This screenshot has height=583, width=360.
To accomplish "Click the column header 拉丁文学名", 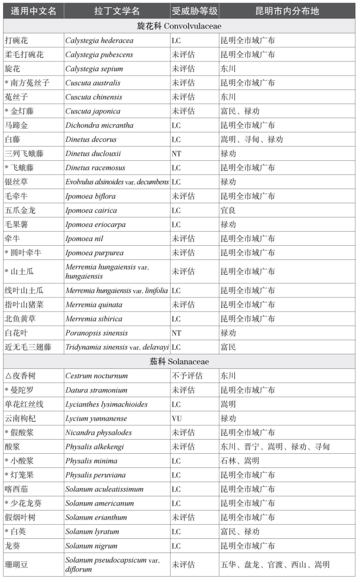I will click(x=117, y=11).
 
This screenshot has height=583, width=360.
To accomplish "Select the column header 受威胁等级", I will click(x=194, y=11).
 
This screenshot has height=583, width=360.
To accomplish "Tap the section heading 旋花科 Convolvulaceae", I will click(x=179, y=26).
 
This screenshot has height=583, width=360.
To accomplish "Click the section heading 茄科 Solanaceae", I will click(x=179, y=361).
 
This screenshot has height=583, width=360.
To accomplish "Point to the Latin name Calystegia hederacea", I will click(x=99, y=40).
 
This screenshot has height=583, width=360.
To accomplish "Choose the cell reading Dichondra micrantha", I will click(x=99, y=126).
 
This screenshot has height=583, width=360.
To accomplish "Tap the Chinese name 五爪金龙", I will click(x=20, y=211).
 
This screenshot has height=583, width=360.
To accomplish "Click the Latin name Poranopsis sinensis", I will click(x=96, y=333).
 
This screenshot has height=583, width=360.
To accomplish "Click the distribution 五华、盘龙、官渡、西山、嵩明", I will click(x=275, y=565).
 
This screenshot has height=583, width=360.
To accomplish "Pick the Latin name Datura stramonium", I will click(x=96, y=390).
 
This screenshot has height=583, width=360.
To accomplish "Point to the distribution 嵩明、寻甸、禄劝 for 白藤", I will click(x=252, y=140).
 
